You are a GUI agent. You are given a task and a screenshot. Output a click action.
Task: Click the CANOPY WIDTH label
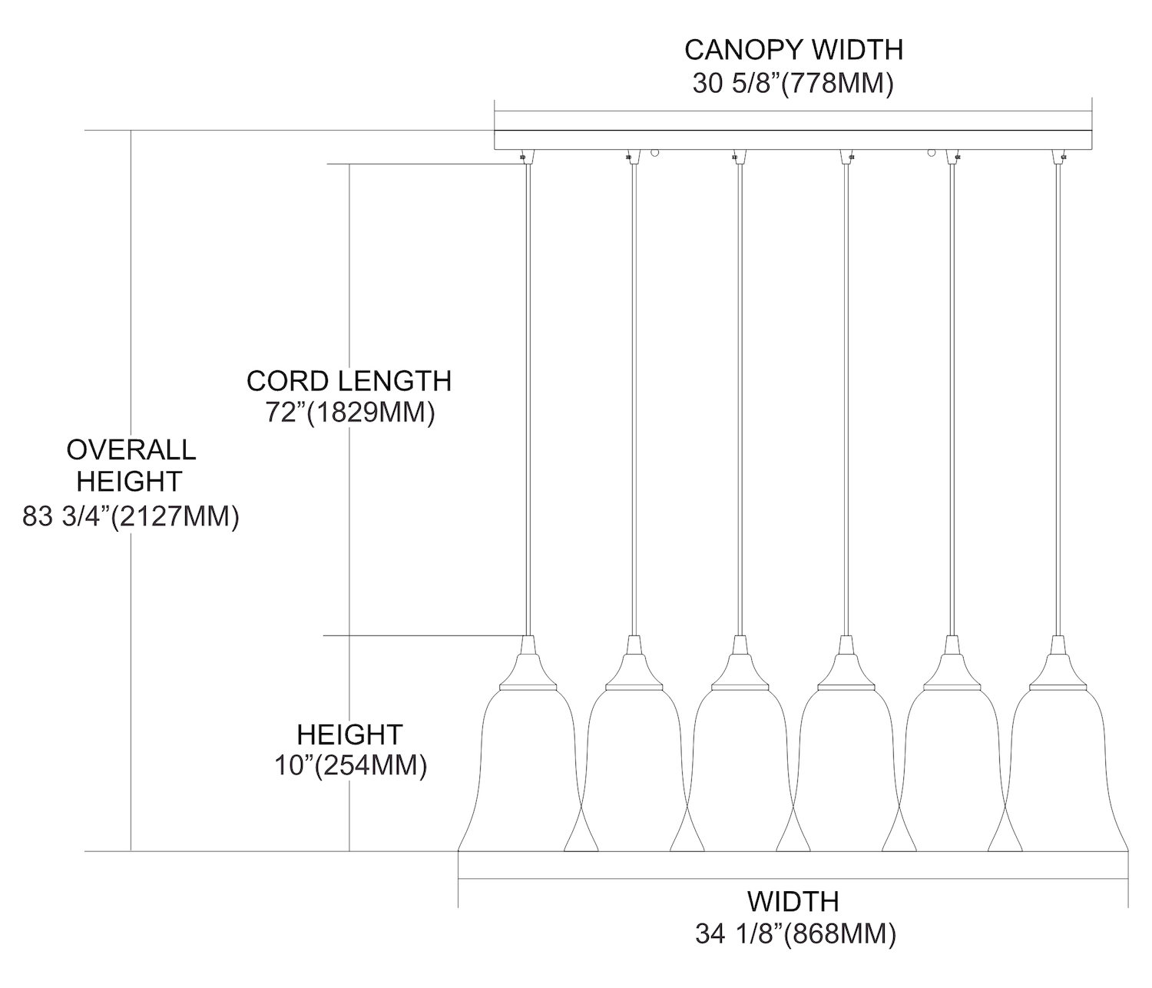click(x=793, y=50)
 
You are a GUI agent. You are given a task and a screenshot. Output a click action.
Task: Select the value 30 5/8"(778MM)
click(x=793, y=83)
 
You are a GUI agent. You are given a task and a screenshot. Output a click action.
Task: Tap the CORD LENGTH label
click(x=349, y=381)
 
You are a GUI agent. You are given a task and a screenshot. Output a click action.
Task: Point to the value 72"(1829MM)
click(x=350, y=413)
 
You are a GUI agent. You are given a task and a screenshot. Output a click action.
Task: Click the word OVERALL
click(x=131, y=449)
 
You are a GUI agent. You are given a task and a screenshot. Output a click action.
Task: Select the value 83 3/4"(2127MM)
click(x=131, y=516)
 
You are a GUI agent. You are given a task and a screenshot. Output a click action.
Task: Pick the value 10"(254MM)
click(x=350, y=766)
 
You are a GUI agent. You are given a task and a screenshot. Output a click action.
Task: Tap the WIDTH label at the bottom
click(x=793, y=900)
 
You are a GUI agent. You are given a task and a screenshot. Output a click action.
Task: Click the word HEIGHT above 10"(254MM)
click(x=350, y=734)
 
